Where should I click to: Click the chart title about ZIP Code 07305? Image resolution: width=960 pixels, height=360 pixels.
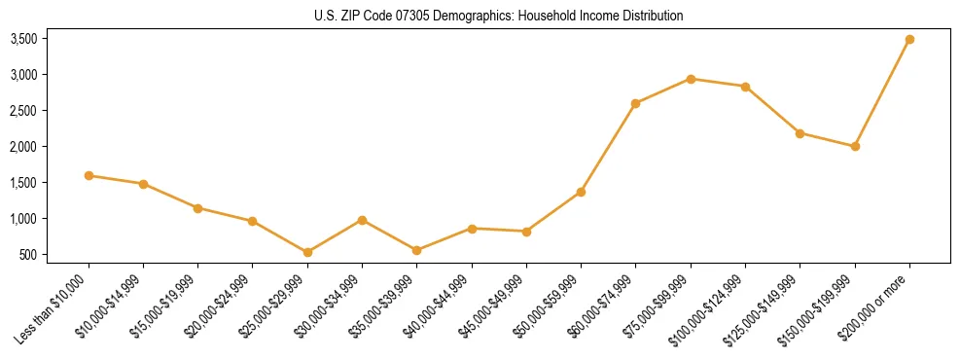coord(499,16)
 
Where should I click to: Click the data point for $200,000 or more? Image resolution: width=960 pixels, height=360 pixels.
coord(909,40)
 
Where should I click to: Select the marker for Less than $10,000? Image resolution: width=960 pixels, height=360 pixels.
coord(89,176)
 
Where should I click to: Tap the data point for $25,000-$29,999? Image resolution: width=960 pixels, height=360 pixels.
coord(307,253)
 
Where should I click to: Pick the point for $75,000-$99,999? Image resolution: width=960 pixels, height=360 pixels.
coord(691,79)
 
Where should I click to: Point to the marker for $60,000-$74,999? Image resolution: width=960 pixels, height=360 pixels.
coord(635,103)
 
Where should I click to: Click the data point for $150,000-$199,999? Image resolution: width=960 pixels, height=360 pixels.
coord(855,147)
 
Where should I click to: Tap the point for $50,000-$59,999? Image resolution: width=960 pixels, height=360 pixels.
coord(581,192)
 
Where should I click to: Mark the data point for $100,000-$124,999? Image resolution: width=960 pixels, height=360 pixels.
coord(745,87)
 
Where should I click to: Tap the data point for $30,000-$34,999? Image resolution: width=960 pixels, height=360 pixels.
coord(362,220)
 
